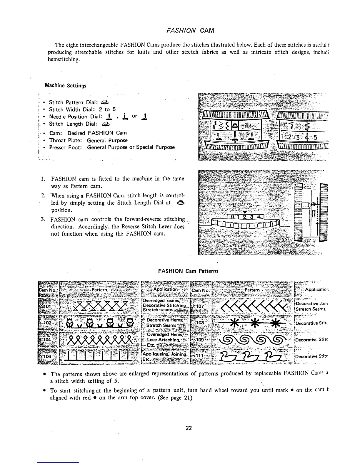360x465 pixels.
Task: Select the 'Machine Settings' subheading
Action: pos(65,86)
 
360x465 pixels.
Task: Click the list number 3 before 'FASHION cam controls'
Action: pos(43,220)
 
